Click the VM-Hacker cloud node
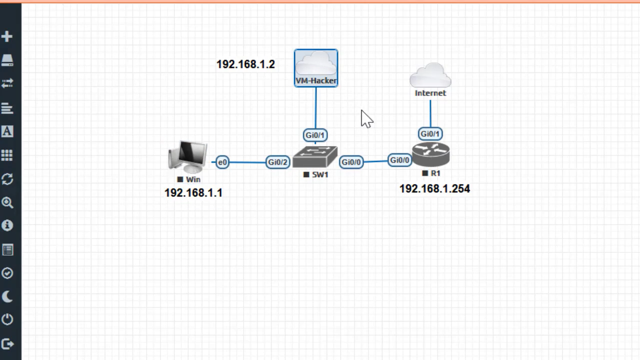[x=316, y=67]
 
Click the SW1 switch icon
[x=315, y=157]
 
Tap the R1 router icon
[x=431, y=154]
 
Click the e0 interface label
[x=222, y=162]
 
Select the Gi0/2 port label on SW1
[x=277, y=162]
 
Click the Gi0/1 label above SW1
[x=315, y=135]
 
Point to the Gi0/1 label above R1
[x=430, y=133]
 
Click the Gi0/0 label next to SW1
[x=351, y=162]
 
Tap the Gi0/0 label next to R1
[x=399, y=160]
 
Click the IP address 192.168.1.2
[x=245, y=64]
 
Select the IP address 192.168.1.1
[x=193, y=193]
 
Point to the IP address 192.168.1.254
[x=434, y=189]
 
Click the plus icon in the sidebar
[x=7, y=36]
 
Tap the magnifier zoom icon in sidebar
[x=7, y=202]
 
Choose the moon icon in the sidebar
[x=7, y=297]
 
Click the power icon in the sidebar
[x=7, y=319]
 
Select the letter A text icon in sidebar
[x=7, y=131]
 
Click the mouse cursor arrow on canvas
[x=366, y=118]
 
